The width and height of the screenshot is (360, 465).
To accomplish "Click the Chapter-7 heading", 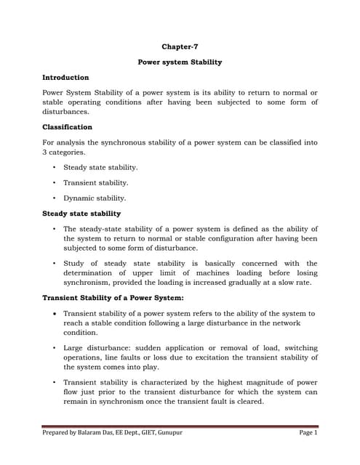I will click(x=180, y=46).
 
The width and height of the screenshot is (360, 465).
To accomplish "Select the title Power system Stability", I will click(x=180, y=62).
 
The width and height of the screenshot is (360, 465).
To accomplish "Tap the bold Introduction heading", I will click(x=65, y=78).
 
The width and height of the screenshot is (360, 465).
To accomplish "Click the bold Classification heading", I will click(x=67, y=126).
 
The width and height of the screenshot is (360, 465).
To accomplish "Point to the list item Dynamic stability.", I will click(x=95, y=198).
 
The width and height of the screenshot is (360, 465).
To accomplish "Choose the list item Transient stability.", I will click(x=95, y=182).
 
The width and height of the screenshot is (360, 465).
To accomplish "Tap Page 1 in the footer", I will click(x=308, y=432).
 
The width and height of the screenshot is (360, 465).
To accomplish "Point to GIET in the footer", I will click(x=141, y=432).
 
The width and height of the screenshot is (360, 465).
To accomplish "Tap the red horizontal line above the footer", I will click(x=180, y=426).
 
